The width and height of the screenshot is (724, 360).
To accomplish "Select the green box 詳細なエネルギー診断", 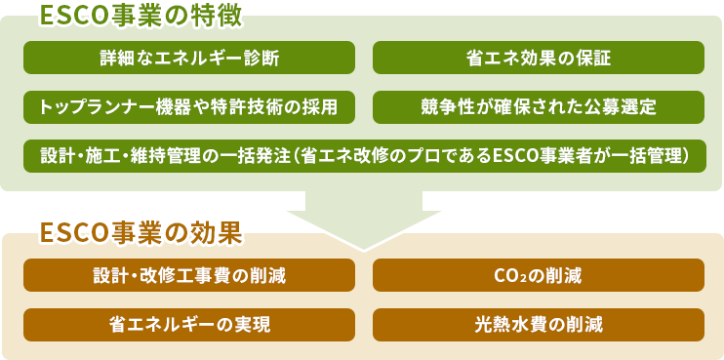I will pos(189,58).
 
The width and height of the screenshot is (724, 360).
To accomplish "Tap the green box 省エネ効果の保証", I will pos(539,58).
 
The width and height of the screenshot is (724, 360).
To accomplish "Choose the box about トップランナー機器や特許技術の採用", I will pos(189,106).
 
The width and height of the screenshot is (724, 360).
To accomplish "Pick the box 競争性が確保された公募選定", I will pos(539,106).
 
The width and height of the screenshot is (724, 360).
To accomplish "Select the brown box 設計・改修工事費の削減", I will pos(189,275).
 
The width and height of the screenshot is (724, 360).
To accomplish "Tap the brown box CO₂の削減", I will pos(539,275).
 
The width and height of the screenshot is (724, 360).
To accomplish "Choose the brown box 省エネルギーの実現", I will pos(189,324).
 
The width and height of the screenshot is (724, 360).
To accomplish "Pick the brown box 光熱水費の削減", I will pos(539,324).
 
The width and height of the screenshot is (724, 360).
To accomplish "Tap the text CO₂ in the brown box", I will pos(512,275).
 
